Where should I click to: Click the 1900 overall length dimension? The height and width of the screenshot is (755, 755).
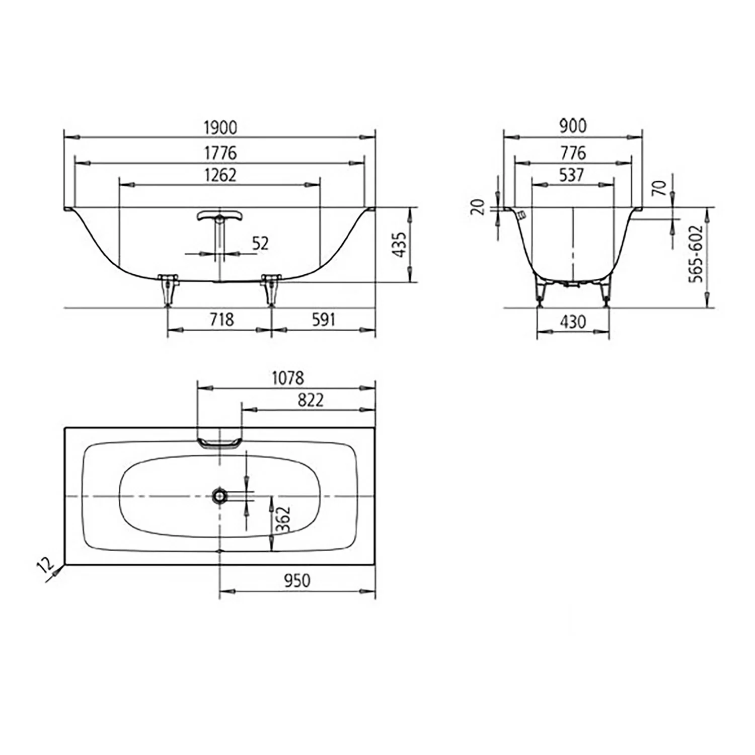pyautogui.click(x=220, y=127)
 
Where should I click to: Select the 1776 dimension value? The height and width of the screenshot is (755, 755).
pyautogui.click(x=220, y=153)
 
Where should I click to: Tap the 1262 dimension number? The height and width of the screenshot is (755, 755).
pyautogui.click(x=220, y=175)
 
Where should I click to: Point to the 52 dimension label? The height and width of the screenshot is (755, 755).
pyautogui.click(x=260, y=243)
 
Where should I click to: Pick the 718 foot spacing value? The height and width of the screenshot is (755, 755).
pyautogui.click(x=221, y=319)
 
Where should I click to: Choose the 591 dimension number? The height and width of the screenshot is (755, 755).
pyautogui.click(x=323, y=319)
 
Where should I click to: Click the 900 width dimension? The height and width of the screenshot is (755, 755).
pyautogui.click(x=573, y=126)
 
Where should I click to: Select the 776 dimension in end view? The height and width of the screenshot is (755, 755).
pyautogui.click(x=573, y=152)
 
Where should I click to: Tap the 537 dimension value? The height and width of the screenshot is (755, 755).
pyautogui.click(x=572, y=175)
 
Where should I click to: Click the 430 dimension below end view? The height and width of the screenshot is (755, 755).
pyautogui.click(x=573, y=322)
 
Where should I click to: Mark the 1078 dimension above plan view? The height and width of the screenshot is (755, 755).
pyautogui.click(x=288, y=377)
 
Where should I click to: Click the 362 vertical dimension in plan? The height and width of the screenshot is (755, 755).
pyautogui.click(x=283, y=519)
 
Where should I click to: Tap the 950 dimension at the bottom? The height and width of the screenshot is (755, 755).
pyautogui.click(x=297, y=580)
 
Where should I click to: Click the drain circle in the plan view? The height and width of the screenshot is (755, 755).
pyautogui.click(x=219, y=496)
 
